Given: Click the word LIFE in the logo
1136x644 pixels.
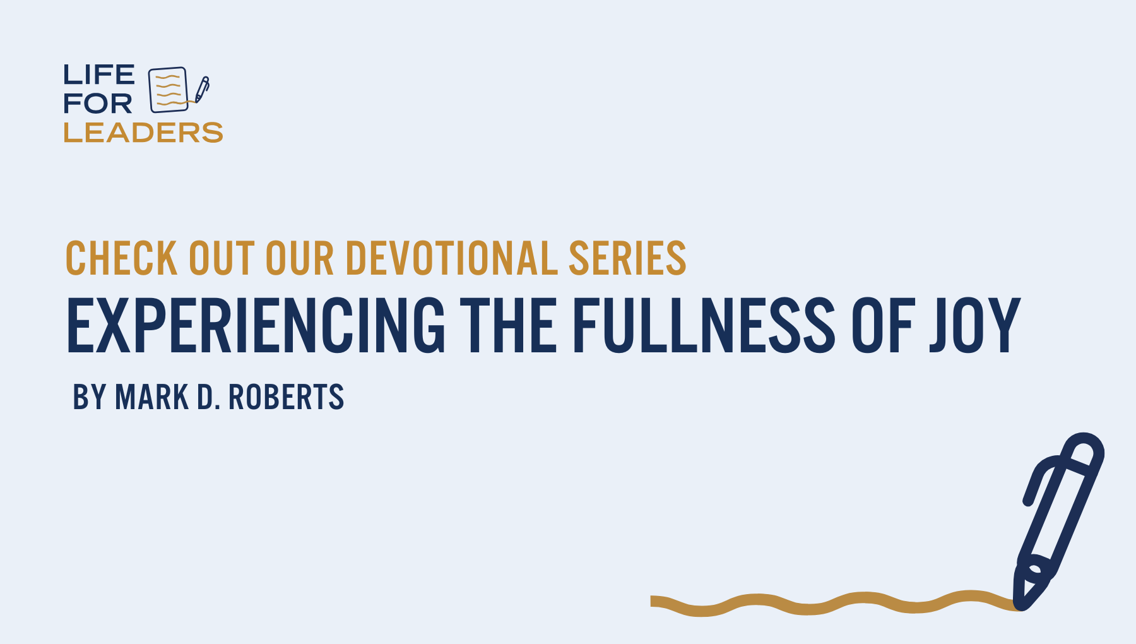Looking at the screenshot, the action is point(98,75).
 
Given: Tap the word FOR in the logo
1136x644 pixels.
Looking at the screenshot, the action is point(98,104).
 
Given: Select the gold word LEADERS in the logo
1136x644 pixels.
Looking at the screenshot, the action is point(143,133).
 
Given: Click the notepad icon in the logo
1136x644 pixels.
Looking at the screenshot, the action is point(169,90).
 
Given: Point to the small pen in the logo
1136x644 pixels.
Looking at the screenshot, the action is point(202,90).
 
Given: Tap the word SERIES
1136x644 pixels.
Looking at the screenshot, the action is point(627,258).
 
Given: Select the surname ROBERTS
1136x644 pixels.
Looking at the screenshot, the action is point(286,397).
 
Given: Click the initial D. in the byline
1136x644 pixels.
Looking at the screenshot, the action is point(209,397).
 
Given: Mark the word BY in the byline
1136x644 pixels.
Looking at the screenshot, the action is point(89,397).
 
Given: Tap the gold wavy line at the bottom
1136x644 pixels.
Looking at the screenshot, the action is point(833,603).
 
